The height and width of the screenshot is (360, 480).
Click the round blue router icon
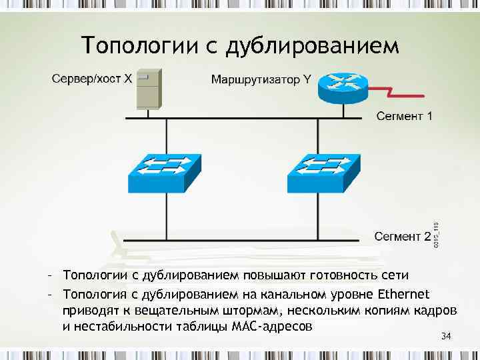[x=342, y=85]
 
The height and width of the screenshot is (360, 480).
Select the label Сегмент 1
[x=405, y=117]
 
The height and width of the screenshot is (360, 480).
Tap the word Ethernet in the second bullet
[x=404, y=294]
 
